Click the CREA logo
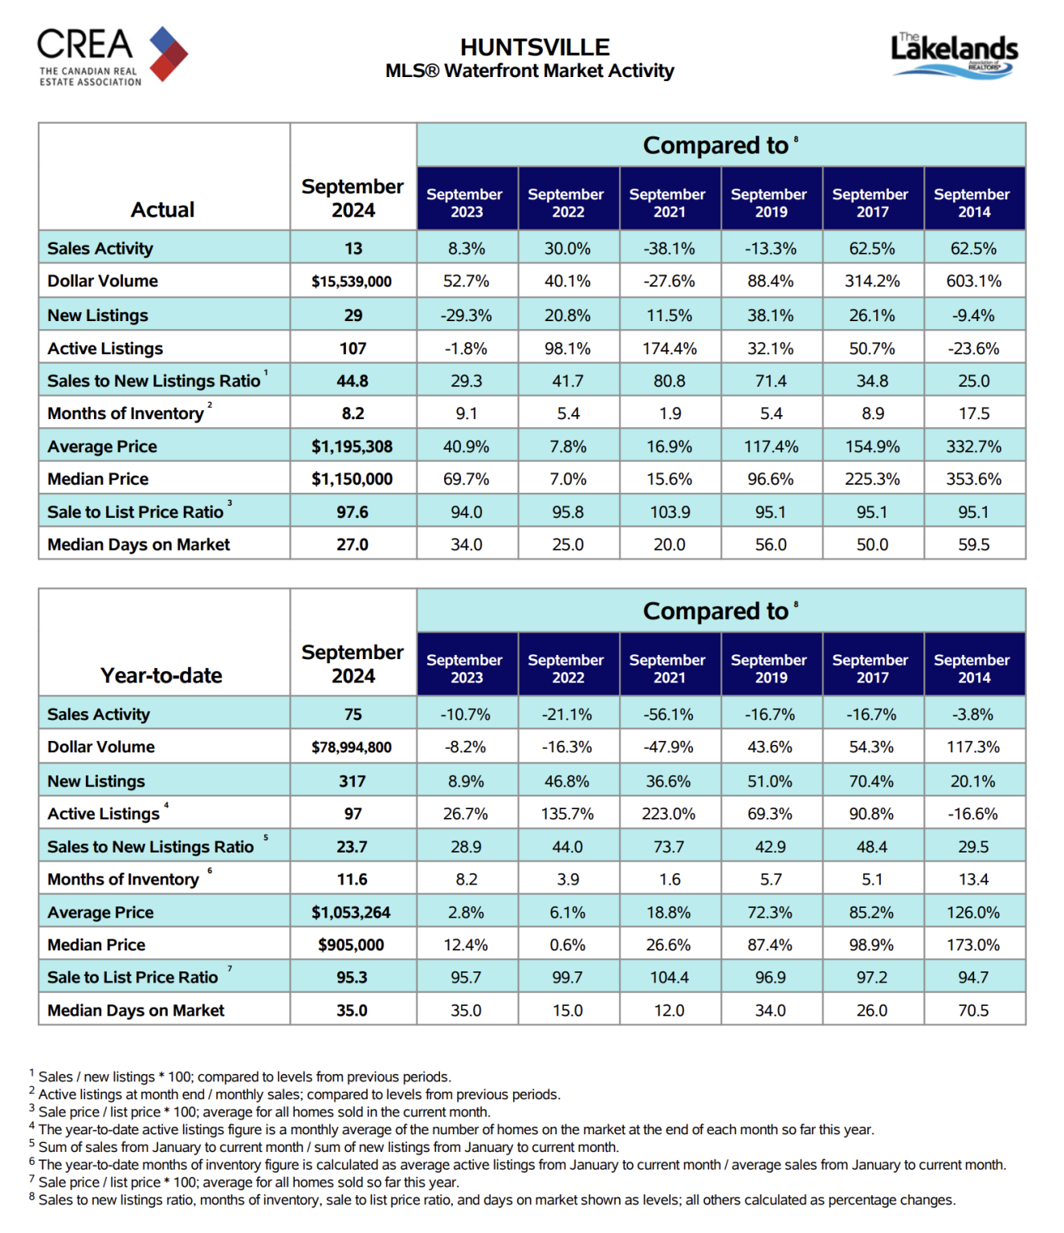[112, 56]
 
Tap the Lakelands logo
[954, 55]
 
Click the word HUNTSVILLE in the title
[535, 47]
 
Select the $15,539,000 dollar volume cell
[352, 281]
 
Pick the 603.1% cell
[973, 281]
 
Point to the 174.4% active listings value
[669, 348]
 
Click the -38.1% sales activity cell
[669, 248]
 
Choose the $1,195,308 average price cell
[352, 446]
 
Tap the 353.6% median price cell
[973, 479]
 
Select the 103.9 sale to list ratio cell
[670, 512]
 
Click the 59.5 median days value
[973, 544]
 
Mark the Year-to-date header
[161, 675]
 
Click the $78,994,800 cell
[352, 747]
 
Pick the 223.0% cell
[668, 814]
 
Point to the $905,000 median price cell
[351, 945]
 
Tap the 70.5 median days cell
[973, 1011]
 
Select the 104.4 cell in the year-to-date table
[669, 977]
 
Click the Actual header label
[162, 210]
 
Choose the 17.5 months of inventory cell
[974, 413]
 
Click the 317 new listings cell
[352, 781]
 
